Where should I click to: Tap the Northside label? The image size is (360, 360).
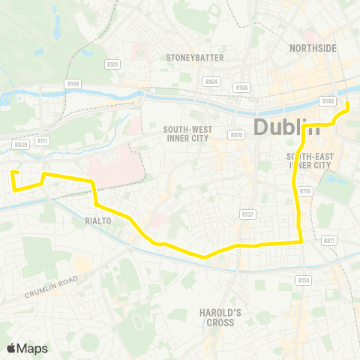click(x=313, y=48)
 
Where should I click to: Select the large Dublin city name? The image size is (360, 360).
click(x=287, y=126)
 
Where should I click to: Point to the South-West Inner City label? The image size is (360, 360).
click(x=188, y=133)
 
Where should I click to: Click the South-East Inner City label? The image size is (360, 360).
click(x=308, y=160)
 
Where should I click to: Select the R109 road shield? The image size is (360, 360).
click(x=73, y=84)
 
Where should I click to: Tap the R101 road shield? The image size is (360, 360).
click(x=113, y=64)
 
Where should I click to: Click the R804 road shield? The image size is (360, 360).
click(x=212, y=81)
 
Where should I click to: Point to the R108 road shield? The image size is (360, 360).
click(x=241, y=88)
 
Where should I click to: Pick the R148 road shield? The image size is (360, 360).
click(x=327, y=100)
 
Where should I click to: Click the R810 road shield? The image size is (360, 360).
click(x=237, y=135)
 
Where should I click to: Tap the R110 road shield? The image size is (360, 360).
click(x=304, y=191)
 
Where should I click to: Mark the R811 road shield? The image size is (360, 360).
click(x=328, y=241)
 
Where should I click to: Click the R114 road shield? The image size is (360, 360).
click(x=303, y=280)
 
